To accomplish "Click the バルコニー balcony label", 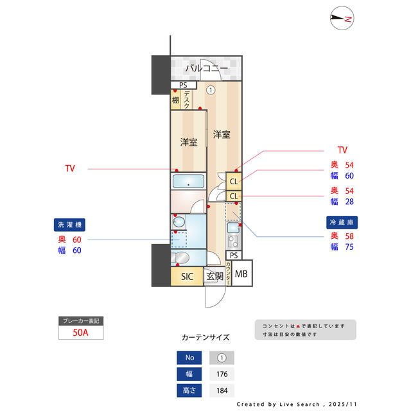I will pos(207,67).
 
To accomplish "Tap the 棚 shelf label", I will pos(175,100).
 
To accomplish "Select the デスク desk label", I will pos(187,100).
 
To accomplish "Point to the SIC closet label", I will pos(187,277).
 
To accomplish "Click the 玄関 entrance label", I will pos(214,277).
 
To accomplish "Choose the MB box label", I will pos(241,275).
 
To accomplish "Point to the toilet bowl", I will pos(180,258).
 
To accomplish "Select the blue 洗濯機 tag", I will pos(70,225).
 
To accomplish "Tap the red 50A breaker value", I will pos(80,333).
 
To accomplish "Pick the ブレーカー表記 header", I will pos(80,320).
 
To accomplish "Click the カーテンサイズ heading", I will pos(205,337).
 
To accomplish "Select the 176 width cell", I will pos(222,374).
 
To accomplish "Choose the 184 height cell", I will pos(222,390).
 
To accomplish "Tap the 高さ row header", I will pos(189,390).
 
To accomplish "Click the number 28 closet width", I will pos(350,202).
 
